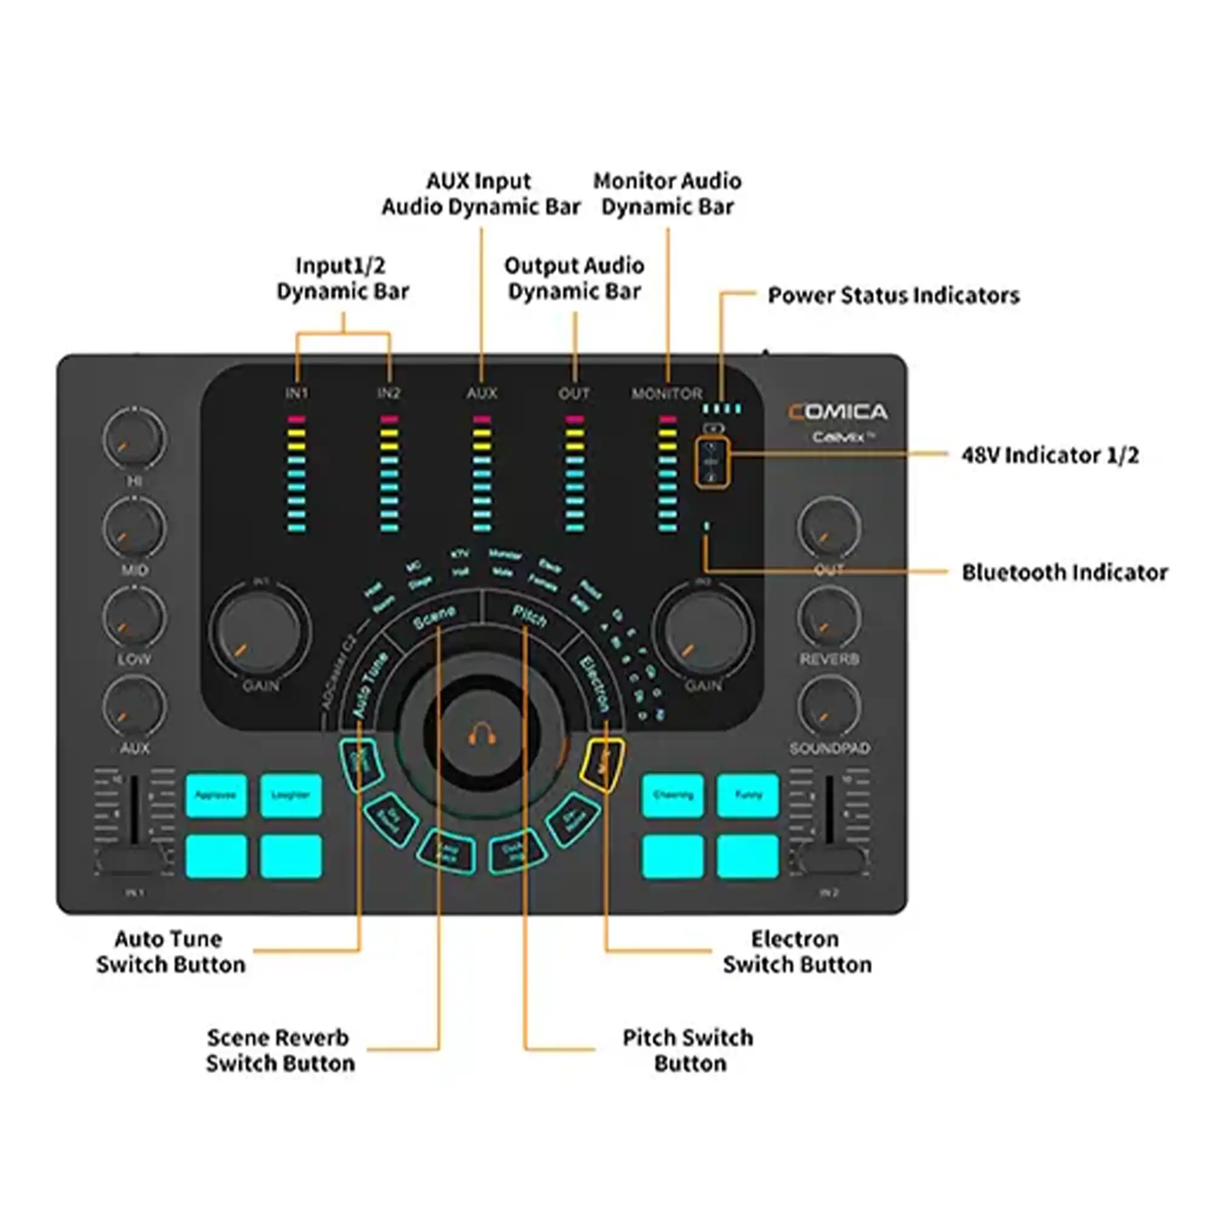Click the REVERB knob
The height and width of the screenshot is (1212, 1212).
click(x=828, y=617)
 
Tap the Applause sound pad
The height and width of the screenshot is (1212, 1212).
click(x=216, y=796)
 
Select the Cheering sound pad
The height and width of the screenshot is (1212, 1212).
click(x=673, y=796)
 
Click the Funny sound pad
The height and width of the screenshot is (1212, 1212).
click(x=747, y=796)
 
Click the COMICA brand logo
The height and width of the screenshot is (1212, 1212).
click(x=837, y=412)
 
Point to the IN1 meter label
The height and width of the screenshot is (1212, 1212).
click(x=297, y=393)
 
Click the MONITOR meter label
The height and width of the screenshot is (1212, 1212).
click(x=667, y=394)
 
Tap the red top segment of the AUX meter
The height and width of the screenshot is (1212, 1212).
click(x=482, y=419)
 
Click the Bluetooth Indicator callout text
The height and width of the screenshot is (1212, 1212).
click(x=1065, y=572)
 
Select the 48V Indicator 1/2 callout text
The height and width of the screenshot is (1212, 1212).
click(x=1050, y=455)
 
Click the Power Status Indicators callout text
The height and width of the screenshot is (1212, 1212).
click(x=893, y=296)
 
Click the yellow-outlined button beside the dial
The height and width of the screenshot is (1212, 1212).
click(x=602, y=764)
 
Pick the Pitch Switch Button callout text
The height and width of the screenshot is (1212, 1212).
click(x=688, y=1050)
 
